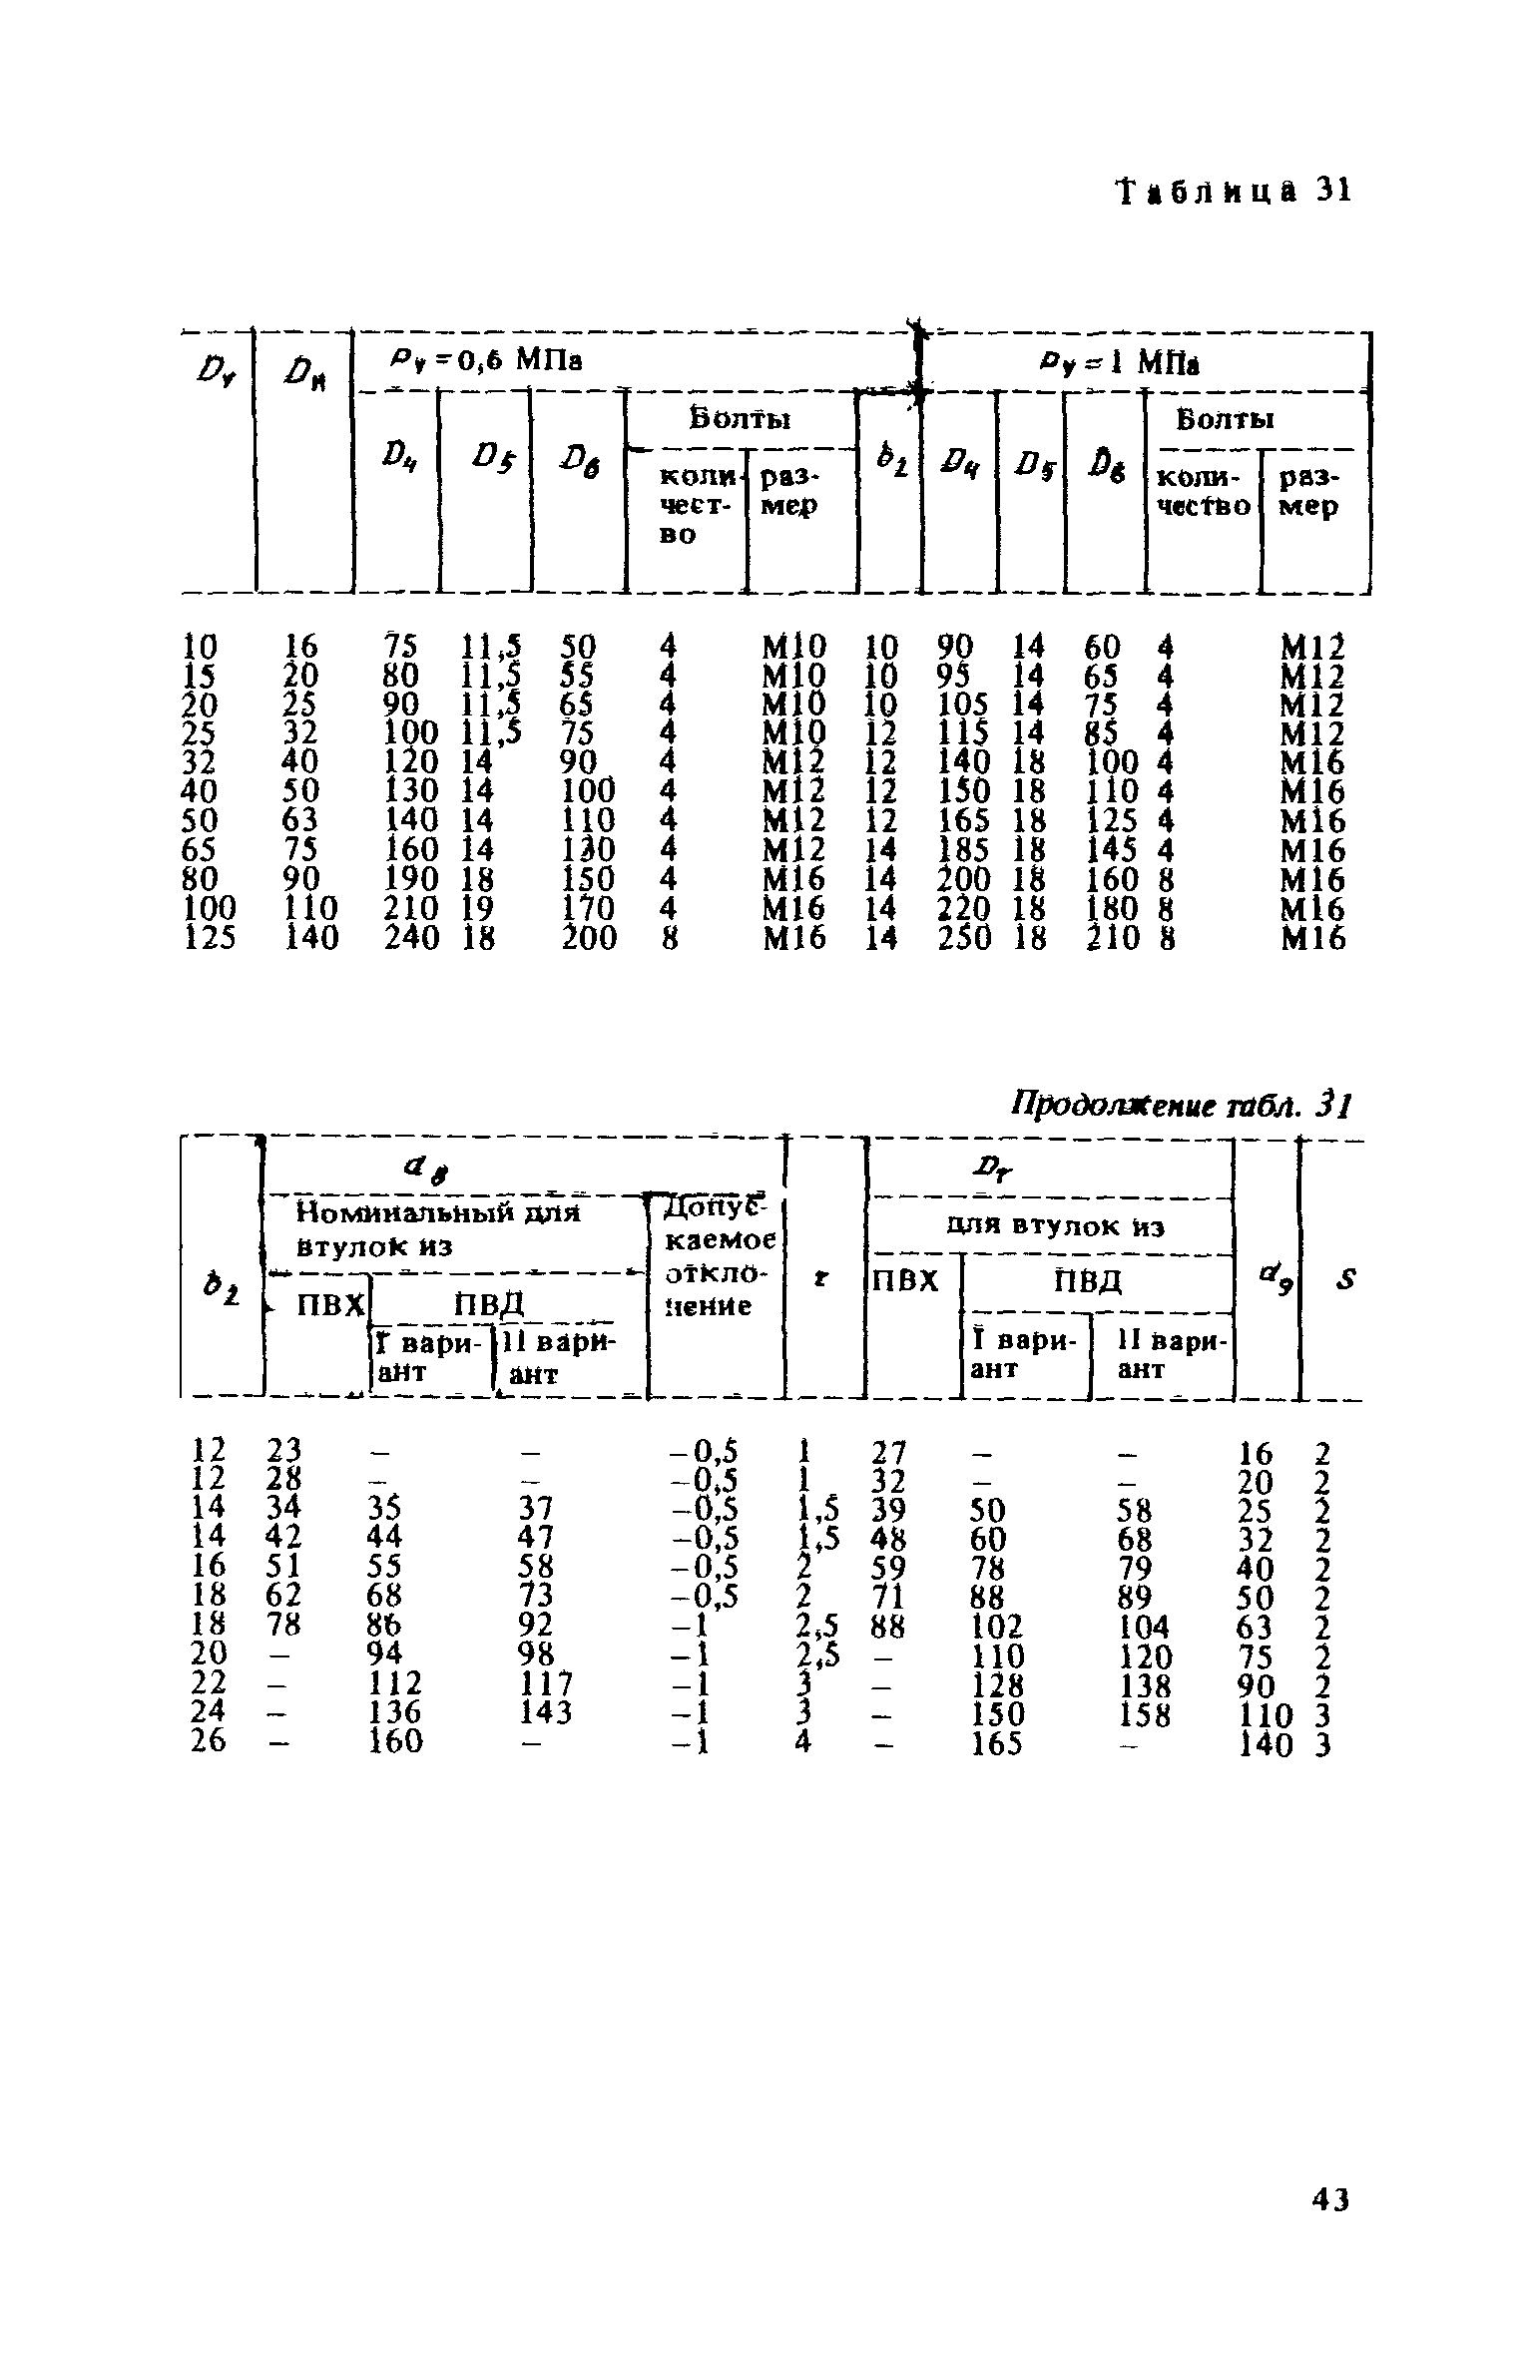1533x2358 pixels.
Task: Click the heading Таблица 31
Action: (1233, 191)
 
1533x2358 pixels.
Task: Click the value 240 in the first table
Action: (411, 938)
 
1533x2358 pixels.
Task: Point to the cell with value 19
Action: (473, 909)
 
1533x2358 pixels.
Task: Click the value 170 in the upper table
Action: (589, 909)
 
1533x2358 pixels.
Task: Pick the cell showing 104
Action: (1144, 1627)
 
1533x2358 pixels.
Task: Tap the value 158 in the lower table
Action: (1144, 1712)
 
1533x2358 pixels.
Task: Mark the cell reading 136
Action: (395, 1712)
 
